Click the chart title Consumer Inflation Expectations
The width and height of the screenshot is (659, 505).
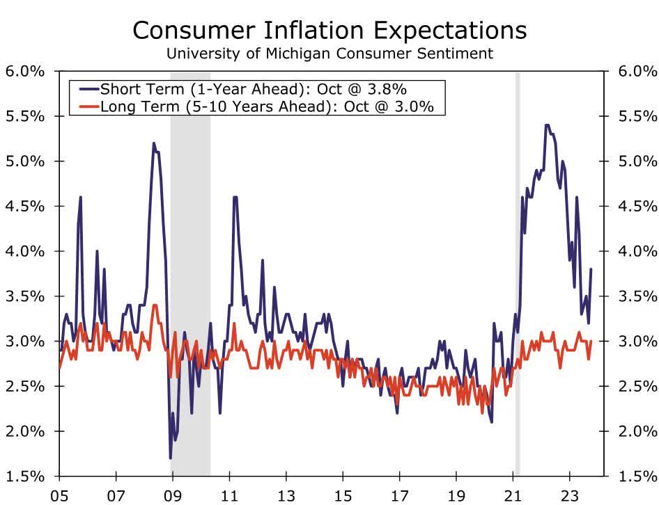[329, 30]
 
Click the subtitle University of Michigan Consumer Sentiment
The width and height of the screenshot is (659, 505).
[329, 53]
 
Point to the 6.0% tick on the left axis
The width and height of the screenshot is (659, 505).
[25, 72]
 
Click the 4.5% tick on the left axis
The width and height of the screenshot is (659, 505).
[25, 207]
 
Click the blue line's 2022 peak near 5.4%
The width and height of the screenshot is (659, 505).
[547, 126]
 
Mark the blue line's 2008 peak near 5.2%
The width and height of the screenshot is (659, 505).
[153, 144]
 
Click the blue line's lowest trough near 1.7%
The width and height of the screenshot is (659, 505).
[171, 457]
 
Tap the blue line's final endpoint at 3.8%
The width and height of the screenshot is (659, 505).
[591, 270]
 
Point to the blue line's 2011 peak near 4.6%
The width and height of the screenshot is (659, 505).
[235, 198]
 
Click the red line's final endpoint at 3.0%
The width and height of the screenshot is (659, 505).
[591, 342]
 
